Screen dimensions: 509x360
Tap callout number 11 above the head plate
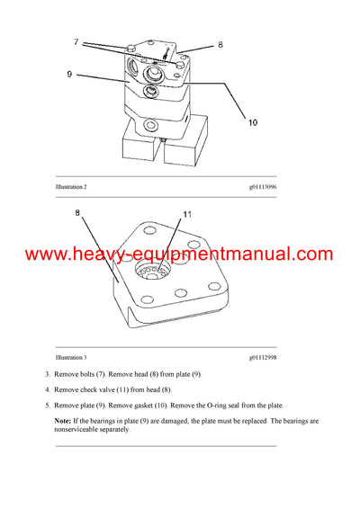click(x=188, y=215)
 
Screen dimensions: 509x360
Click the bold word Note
click(x=62, y=421)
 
